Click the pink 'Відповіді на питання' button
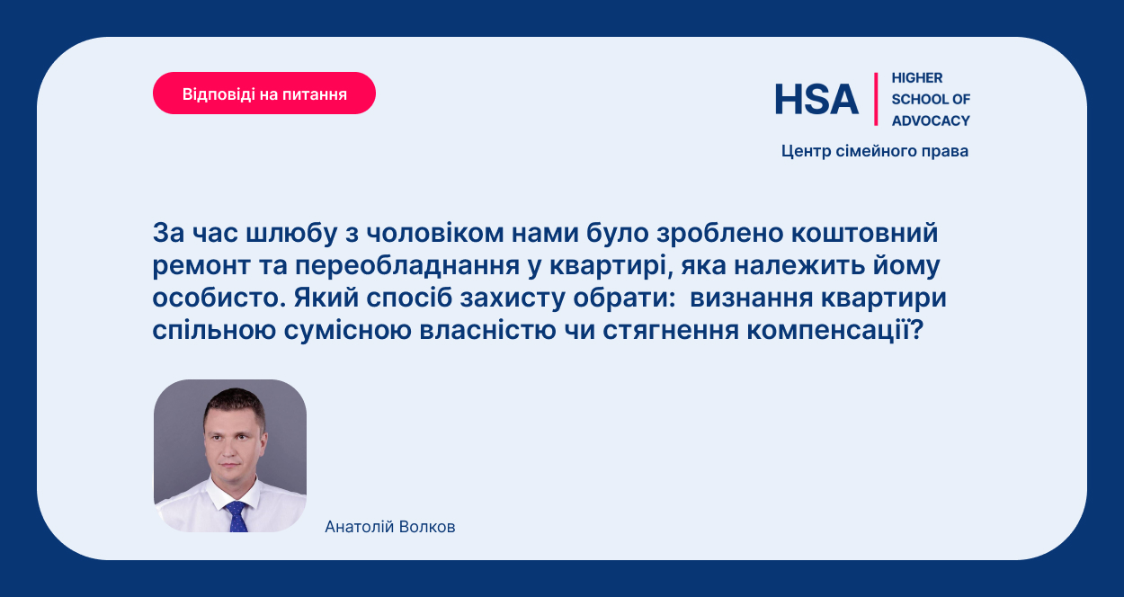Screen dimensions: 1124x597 pyautogui.click(x=264, y=94)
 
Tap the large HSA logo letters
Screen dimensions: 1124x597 pyautogui.click(x=816, y=99)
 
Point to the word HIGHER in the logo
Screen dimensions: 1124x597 pyautogui.click(x=917, y=77)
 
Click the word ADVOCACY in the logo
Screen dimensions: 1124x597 pyautogui.click(x=931, y=120)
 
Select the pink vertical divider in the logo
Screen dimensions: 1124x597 pyautogui.click(x=876, y=99)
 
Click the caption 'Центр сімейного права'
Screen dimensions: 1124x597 pyautogui.click(x=875, y=151)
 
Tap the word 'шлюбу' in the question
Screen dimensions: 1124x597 pyautogui.click(x=291, y=233)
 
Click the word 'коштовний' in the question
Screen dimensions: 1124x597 pyautogui.click(x=864, y=233)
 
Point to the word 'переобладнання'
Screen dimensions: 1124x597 pyautogui.click(x=407, y=266)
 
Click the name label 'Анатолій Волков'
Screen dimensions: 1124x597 pyautogui.click(x=390, y=527)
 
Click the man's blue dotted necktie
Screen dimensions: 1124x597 pyautogui.click(x=236, y=516)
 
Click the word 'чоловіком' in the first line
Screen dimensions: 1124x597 pyautogui.click(x=434, y=233)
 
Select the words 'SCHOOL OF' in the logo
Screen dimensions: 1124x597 pyautogui.click(x=931, y=99)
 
